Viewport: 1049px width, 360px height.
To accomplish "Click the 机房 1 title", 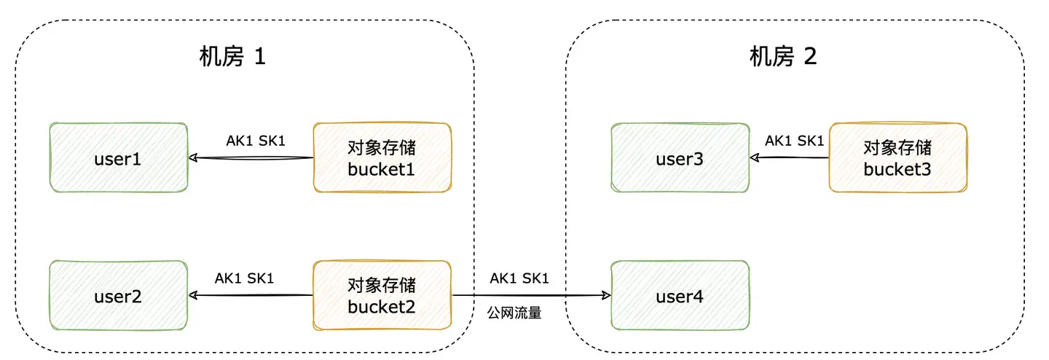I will tap(232, 58).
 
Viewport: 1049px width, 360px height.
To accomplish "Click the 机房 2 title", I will tap(783, 58).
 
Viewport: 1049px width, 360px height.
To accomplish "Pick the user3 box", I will tap(679, 158).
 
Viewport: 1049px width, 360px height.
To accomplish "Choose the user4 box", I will tap(679, 297).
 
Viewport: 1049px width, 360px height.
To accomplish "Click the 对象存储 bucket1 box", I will tap(382, 158).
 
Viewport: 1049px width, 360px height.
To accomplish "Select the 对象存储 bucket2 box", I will tap(382, 297).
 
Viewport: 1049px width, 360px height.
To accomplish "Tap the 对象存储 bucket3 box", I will tap(897, 158).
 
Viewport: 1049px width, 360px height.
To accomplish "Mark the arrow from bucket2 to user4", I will tap(530, 295).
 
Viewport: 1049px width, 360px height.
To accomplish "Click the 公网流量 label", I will tap(514, 315).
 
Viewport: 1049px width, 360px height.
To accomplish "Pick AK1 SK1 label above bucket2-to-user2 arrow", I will tap(244, 278).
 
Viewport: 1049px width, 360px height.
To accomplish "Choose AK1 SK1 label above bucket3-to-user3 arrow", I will tap(793, 141).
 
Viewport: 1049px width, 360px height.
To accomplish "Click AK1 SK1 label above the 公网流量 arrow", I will tap(519, 278).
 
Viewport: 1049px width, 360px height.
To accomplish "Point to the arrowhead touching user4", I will tap(606, 295).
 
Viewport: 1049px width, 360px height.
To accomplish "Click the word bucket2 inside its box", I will tap(382, 307).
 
